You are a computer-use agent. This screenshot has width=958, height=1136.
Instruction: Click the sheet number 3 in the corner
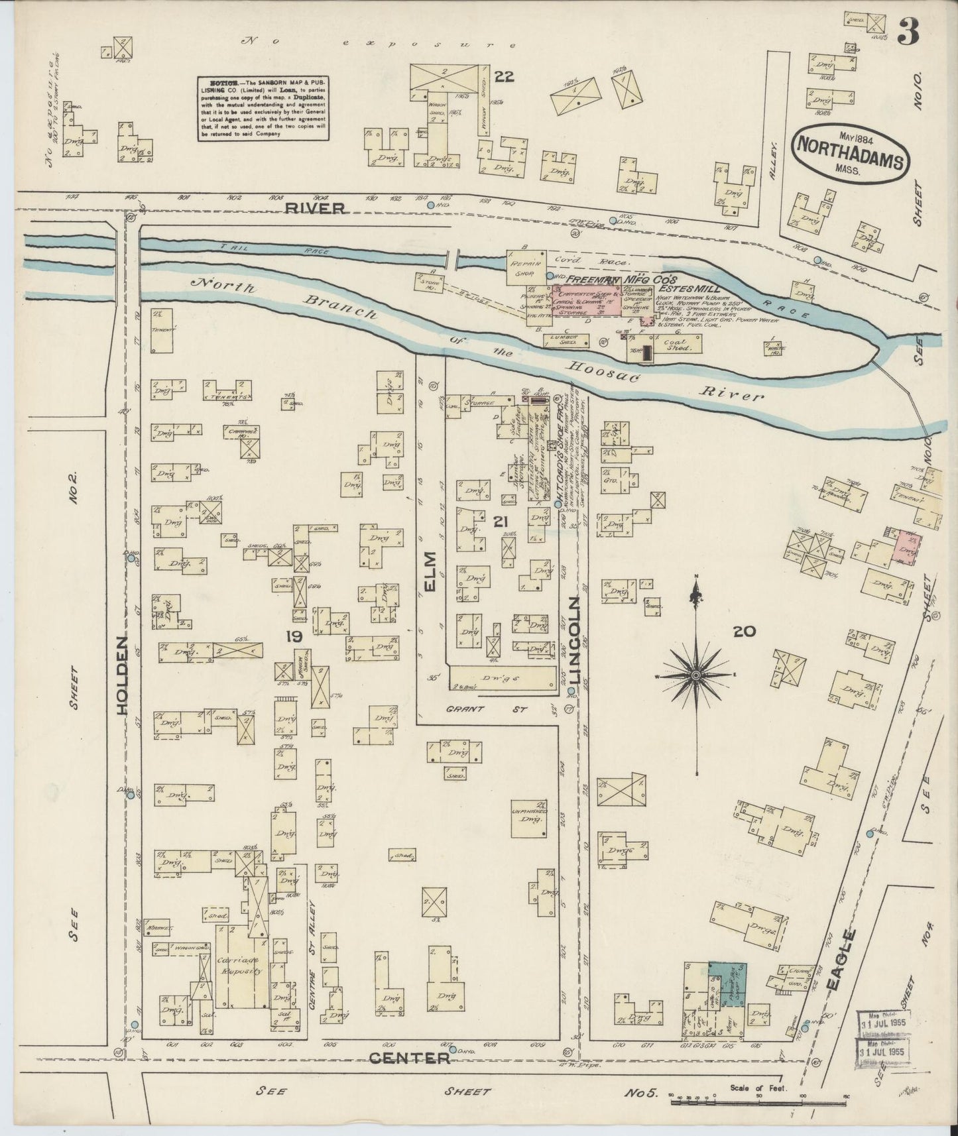pos(908,31)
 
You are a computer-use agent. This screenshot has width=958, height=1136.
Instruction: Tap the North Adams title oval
pos(849,152)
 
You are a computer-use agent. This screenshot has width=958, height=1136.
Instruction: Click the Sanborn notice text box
pos(263,108)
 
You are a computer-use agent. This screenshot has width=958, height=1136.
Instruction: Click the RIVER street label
pos(316,208)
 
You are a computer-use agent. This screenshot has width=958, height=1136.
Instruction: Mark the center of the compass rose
pos(695,675)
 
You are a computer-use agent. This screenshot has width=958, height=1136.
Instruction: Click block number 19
pos(294,637)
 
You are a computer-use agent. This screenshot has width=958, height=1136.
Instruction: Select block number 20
pos(744,632)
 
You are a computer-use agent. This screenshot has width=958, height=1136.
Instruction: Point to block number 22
pos(503,77)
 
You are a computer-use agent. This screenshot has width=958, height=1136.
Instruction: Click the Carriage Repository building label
pos(239,965)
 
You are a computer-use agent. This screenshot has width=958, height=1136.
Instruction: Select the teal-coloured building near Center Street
pos(727,984)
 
